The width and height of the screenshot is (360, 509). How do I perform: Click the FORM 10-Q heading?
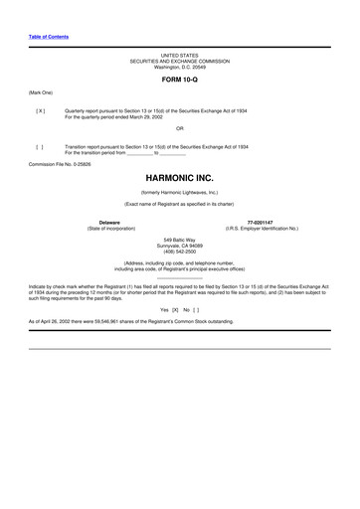[179, 78]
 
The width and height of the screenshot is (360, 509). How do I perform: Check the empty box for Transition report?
[40, 146]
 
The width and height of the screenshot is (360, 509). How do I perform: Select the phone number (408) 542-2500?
[179, 251]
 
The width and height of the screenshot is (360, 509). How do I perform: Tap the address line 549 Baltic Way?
[179, 239]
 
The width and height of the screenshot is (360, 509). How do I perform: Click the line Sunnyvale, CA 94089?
[179, 245]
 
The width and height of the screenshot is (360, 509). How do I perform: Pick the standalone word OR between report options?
[179, 128]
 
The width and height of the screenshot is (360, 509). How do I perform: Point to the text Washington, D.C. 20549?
[179, 66]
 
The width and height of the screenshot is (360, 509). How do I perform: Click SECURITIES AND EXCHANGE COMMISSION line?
[179, 61]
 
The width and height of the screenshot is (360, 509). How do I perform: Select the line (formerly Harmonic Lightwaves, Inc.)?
[179, 192]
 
